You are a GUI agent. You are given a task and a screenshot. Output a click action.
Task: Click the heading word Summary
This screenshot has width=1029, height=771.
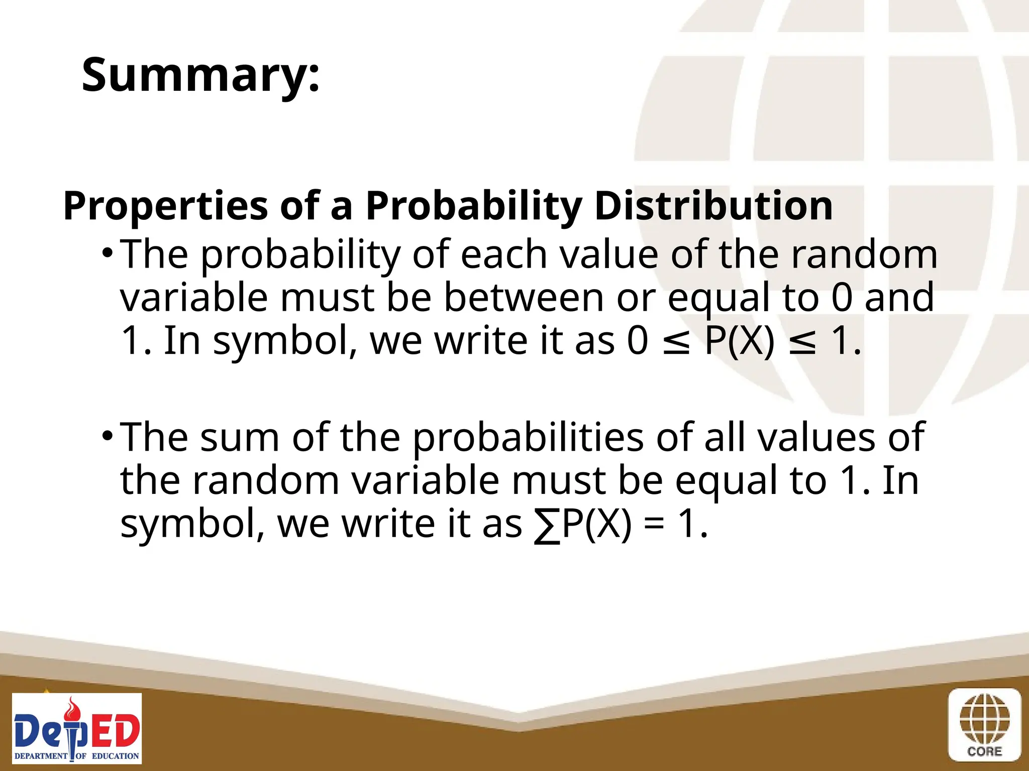pos(200,75)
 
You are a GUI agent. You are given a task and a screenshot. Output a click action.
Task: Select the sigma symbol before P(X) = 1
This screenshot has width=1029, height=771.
pos(547,525)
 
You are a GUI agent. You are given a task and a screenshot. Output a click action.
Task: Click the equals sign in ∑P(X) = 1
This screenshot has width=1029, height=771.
pos(654,525)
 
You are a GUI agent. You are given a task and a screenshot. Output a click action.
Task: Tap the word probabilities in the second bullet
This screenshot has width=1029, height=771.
pos(528,438)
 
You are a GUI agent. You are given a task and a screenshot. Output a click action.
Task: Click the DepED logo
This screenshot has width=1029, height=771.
pos(77,728)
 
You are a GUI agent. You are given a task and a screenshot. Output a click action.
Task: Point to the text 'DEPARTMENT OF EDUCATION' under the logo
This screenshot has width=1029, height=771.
pos(77,755)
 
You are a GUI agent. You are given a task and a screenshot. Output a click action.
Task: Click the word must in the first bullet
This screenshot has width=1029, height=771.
pos(327,297)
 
